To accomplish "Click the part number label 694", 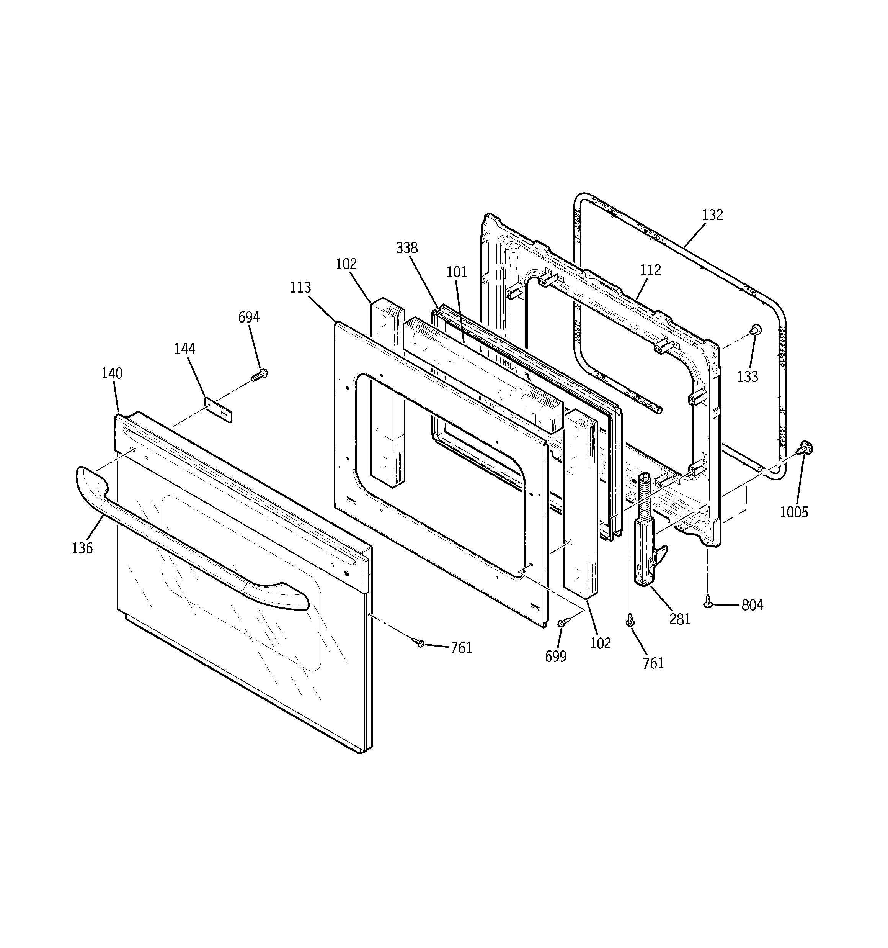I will pos(249,317).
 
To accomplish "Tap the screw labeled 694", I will pos(260,374).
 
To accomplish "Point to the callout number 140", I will pos(112,373).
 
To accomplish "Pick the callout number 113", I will pos(300,288).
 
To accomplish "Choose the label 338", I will pos(406,248).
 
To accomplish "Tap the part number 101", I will pos(457,272).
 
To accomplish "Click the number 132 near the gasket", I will pos(712,215).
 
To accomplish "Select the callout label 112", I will pos(650,270).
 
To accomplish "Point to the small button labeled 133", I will pos(756,329).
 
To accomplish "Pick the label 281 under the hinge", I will pos(679,619).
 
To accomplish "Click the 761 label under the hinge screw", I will pos(653,663).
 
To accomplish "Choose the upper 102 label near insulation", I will pos(346,264).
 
